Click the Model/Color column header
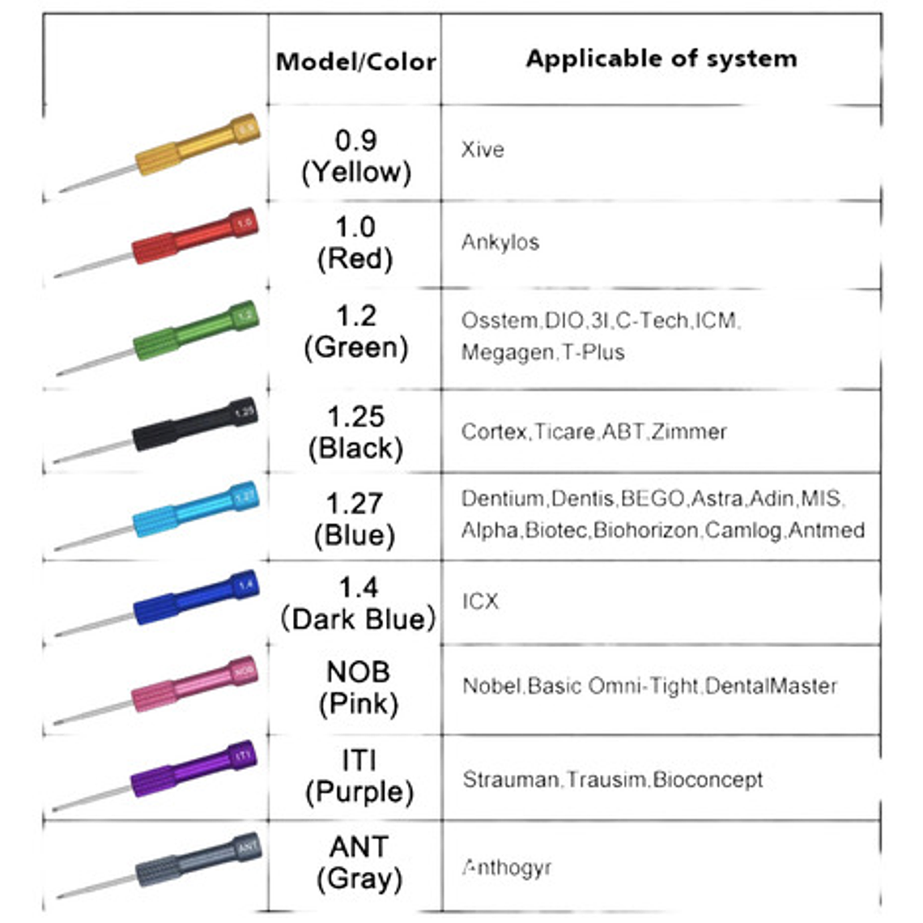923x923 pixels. click(355, 62)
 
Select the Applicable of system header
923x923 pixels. click(661, 58)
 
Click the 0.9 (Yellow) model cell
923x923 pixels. click(356, 155)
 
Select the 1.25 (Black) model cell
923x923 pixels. click(355, 432)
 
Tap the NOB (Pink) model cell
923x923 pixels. click(358, 687)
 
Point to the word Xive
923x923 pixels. click(482, 150)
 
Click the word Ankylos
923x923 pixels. click(500, 242)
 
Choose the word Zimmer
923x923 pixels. click(689, 432)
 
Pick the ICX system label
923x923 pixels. click(480, 602)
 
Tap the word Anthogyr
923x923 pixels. click(507, 868)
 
